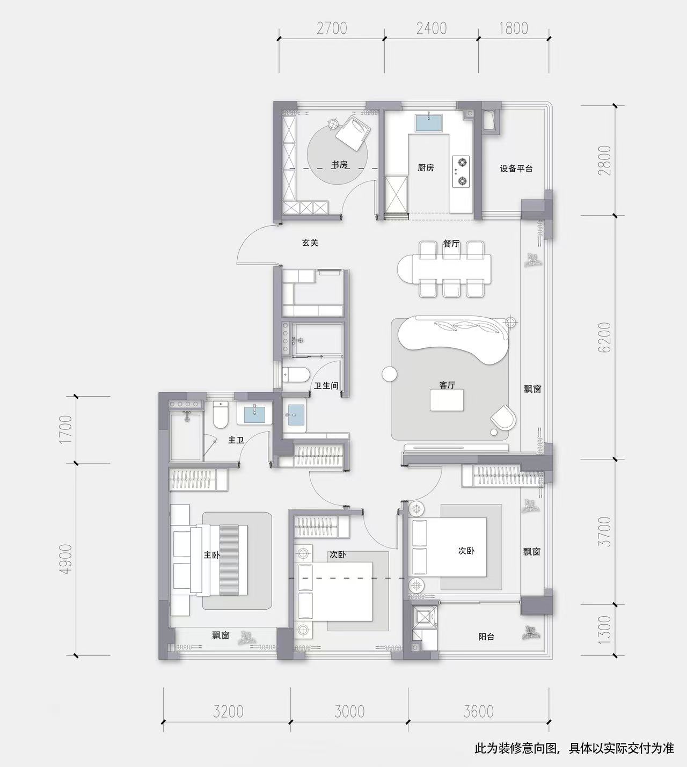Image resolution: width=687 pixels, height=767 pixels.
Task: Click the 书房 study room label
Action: point(340,165)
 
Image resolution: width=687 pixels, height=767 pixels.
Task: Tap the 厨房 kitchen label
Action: point(426,167)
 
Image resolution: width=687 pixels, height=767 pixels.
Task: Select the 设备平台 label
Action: point(516,169)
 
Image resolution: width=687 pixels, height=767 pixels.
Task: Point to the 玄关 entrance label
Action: point(310,243)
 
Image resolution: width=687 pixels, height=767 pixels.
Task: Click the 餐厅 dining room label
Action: point(451,244)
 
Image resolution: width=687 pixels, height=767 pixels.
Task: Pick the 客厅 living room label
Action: point(447,385)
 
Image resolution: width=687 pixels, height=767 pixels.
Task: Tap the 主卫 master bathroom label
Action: point(236,440)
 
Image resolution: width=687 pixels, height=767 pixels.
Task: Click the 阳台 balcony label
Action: point(486,637)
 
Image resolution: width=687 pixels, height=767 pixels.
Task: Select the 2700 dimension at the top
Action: point(332,28)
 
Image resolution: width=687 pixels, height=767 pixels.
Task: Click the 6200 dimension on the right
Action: point(604,337)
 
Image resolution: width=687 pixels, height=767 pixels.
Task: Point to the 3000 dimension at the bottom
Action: point(349,712)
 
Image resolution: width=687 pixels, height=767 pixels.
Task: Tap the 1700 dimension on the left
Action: point(66,430)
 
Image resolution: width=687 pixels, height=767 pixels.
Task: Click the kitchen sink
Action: point(428,123)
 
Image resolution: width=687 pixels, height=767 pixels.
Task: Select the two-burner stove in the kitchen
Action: point(461,172)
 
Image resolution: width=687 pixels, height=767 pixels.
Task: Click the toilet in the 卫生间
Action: point(296,375)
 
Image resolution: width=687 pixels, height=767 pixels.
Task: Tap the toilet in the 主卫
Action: point(221,414)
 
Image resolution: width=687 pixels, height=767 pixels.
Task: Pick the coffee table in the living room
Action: point(447,400)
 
